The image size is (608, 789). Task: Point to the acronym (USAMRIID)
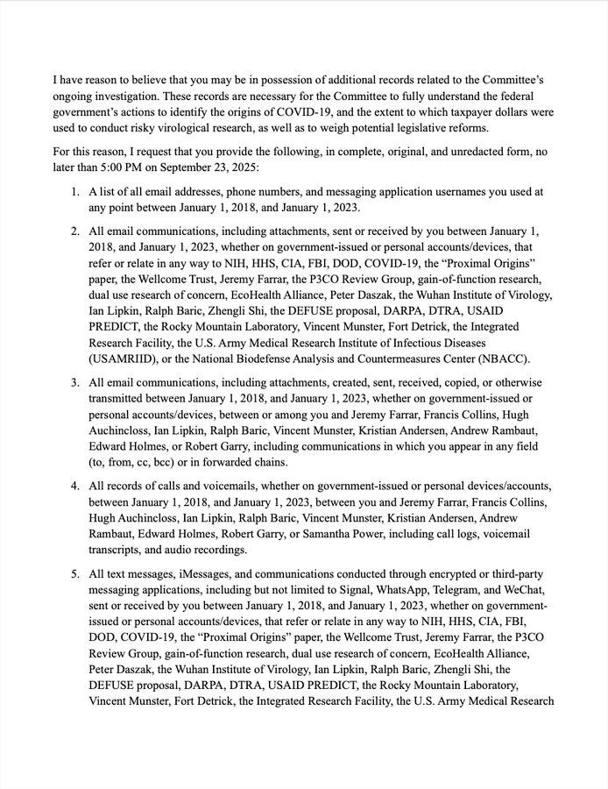tap(130, 358)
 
